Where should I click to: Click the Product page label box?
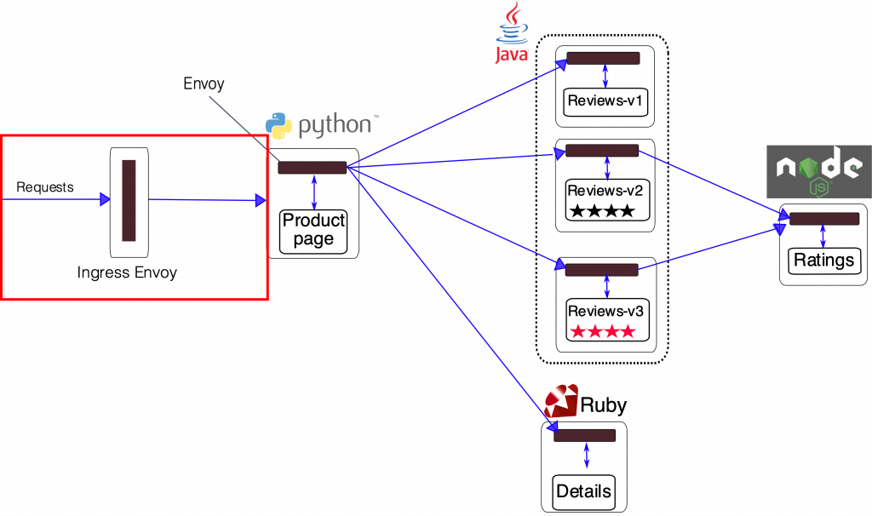tap(313, 230)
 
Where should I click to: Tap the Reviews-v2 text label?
tap(605, 190)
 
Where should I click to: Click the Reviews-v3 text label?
tap(605, 311)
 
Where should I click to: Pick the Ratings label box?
tap(823, 260)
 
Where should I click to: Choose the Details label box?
tap(583, 490)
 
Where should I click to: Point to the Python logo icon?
tap(278, 125)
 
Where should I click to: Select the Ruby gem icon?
tap(561, 401)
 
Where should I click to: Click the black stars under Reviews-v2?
tap(603, 210)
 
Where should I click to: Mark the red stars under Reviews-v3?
tap(603, 331)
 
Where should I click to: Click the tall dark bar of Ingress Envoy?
tap(129, 200)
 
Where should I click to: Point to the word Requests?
tap(45, 186)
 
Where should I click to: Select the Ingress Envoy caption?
tap(128, 273)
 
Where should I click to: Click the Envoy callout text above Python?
tap(204, 83)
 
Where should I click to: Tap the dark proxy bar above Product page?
tap(312, 167)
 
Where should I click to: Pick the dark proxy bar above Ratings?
tap(823, 219)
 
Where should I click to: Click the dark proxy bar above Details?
tap(584, 435)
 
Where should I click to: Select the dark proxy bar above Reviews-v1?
tap(603, 59)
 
